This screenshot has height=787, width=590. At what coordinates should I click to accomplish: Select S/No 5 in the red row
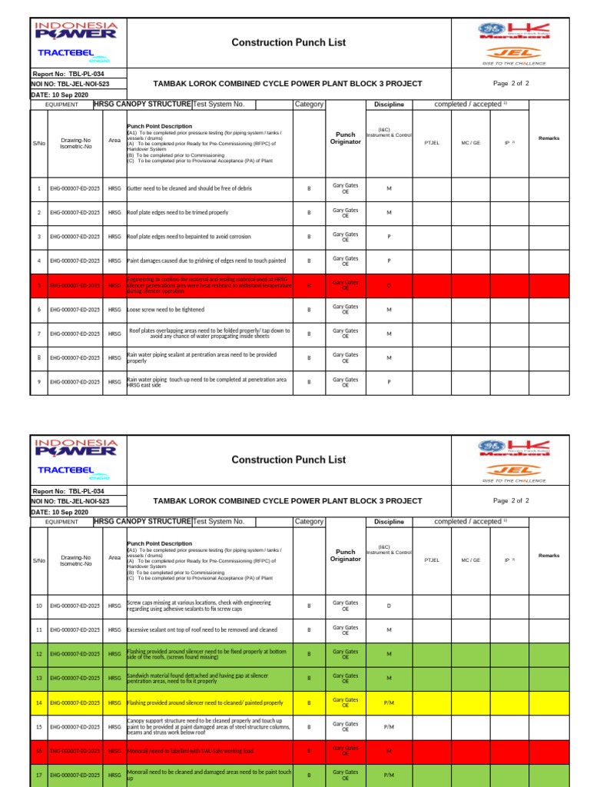38,285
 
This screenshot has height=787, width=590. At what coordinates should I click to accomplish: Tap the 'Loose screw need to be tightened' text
166,310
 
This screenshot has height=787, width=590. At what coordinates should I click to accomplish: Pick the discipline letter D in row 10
389,606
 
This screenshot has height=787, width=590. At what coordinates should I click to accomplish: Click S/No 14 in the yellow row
38,702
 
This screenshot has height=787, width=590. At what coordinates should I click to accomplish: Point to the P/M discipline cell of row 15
389,726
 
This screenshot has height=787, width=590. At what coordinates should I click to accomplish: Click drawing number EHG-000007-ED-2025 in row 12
75,654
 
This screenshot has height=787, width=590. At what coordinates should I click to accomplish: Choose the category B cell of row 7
309,334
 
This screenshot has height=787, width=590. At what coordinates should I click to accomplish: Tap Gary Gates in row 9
345,382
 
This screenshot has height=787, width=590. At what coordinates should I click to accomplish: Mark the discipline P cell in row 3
389,237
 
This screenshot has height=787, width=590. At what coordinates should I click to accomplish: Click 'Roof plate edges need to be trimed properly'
177,212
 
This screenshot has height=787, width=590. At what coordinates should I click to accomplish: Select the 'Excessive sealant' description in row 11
202,629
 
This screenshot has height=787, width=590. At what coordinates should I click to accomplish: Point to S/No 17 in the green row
38,775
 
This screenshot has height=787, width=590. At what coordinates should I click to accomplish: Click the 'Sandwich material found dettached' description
197,678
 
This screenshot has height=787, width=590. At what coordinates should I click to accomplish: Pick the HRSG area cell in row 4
114,261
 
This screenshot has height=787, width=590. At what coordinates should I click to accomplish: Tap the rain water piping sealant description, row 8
201,357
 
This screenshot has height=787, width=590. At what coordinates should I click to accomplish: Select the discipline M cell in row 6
389,310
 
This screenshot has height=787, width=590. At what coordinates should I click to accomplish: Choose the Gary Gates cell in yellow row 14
345,702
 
